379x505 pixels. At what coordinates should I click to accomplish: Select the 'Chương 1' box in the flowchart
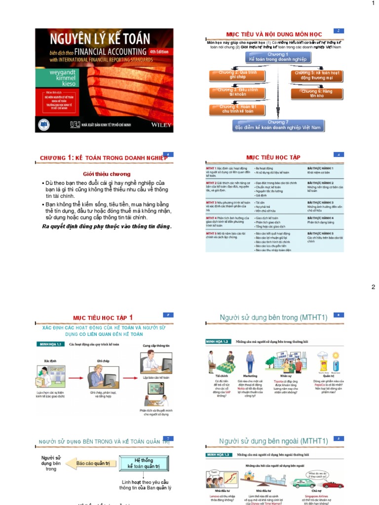278,57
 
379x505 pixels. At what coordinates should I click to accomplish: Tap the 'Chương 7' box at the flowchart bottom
278,125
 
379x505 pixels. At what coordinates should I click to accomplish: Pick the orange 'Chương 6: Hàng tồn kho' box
317,93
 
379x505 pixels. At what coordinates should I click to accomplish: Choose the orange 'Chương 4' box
238,109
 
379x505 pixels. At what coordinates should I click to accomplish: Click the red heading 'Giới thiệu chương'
107,174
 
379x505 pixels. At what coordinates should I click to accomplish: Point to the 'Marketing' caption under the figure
250,375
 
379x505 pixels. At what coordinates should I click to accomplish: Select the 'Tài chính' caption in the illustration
221,375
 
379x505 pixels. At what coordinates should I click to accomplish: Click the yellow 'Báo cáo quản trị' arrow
93,464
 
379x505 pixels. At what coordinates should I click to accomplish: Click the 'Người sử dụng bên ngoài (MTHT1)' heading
273,441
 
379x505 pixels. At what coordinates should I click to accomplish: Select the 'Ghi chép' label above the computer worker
102,361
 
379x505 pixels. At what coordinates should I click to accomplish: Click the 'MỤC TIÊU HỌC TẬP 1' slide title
103,318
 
